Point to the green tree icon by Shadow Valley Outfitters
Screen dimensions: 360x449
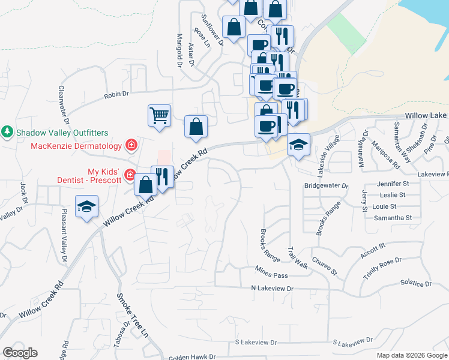coord(7,131)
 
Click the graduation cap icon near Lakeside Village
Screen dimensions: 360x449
coord(298,145)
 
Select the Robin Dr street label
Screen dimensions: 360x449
coord(116,94)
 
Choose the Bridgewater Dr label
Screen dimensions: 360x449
coord(326,186)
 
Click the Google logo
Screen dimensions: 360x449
coord(20,353)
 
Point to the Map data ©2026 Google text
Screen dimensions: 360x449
coord(412,355)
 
